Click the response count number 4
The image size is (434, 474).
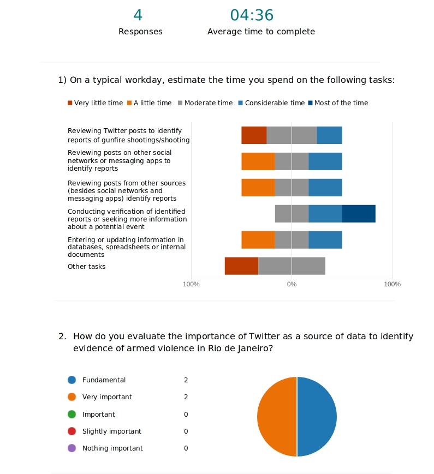(138, 15)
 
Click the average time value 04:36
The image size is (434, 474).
(252, 15)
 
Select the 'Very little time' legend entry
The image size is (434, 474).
(95, 103)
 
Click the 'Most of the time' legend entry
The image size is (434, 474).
(338, 103)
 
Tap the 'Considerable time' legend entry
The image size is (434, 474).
(271, 103)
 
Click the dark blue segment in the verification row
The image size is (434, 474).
(359, 214)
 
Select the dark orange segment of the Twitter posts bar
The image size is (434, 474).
(254, 135)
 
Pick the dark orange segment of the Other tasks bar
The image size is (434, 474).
(241, 266)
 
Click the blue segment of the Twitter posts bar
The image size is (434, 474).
(329, 135)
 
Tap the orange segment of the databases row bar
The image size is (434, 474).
(258, 240)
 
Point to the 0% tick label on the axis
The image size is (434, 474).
(292, 284)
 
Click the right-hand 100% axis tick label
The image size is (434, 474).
(392, 284)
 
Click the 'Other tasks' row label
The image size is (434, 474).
(86, 267)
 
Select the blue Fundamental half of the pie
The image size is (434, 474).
(317, 417)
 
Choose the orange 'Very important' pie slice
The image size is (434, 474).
(277, 417)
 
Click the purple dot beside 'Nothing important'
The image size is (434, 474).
(72, 448)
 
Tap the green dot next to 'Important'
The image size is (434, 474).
(72, 415)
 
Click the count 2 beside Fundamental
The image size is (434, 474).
(186, 380)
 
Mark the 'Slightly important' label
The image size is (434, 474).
(111, 431)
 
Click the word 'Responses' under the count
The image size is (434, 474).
(140, 32)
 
